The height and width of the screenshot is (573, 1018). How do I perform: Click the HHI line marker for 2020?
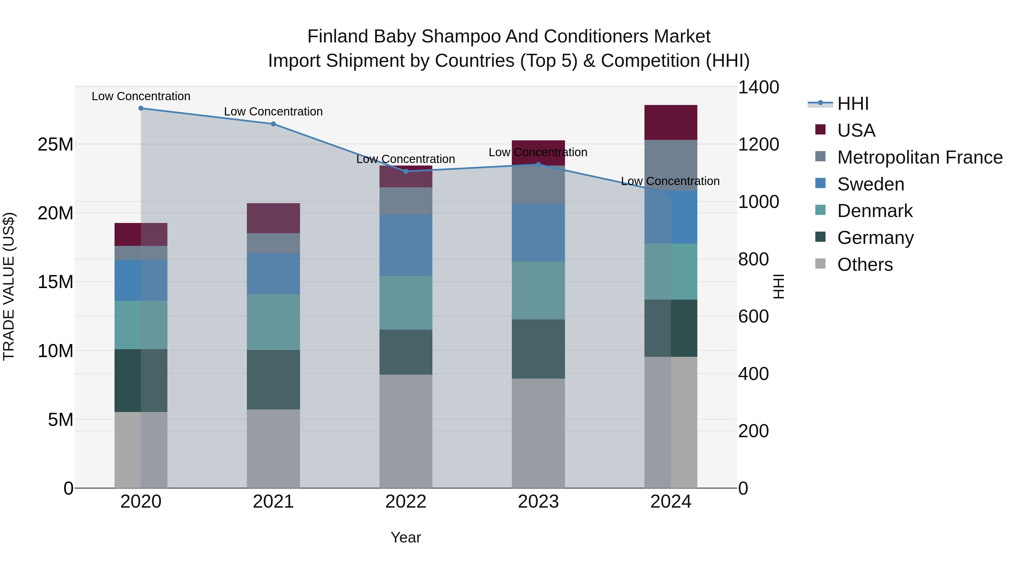click(x=141, y=108)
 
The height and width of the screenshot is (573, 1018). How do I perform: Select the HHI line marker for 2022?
click(x=406, y=171)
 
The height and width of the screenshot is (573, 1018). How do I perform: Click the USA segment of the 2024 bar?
click(x=671, y=123)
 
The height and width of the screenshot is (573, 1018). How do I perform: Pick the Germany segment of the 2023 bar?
click(x=538, y=349)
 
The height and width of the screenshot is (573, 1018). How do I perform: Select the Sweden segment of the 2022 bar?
click(x=406, y=245)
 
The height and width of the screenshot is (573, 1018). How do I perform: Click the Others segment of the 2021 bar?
click(x=273, y=448)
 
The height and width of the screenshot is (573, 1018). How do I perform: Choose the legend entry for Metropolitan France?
click(x=920, y=157)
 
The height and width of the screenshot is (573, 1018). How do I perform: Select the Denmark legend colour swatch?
click(x=820, y=210)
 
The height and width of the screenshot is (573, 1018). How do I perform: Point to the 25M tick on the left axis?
click(x=55, y=144)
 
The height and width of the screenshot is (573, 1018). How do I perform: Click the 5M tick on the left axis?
click(x=61, y=420)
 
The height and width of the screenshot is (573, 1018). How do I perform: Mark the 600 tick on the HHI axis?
click(x=753, y=316)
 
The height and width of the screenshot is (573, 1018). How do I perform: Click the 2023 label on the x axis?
click(x=538, y=502)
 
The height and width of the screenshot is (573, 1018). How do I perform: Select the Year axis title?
click(x=406, y=537)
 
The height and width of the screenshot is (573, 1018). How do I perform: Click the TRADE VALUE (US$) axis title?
click(x=9, y=286)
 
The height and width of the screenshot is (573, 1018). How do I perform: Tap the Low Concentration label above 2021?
click(x=273, y=111)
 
